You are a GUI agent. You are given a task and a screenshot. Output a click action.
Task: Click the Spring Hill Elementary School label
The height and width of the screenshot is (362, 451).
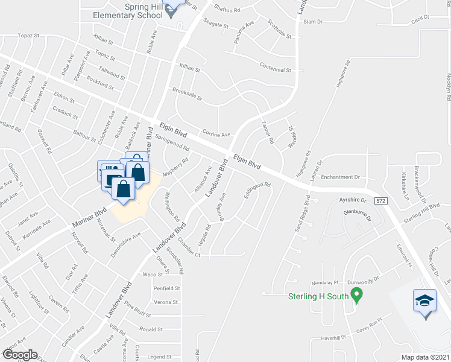tap(127, 11)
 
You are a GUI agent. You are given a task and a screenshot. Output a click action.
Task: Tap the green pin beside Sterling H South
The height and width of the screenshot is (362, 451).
tap(356, 295)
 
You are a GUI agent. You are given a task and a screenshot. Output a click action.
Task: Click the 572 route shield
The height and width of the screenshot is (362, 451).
tap(380, 199)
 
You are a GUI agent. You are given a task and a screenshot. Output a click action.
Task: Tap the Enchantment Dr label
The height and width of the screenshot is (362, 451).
tap(340, 177)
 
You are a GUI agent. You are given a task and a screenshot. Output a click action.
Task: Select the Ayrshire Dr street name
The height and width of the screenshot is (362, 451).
tap(353, 198)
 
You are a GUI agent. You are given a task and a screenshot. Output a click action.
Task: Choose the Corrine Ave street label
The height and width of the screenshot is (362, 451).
tap(216, 135)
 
